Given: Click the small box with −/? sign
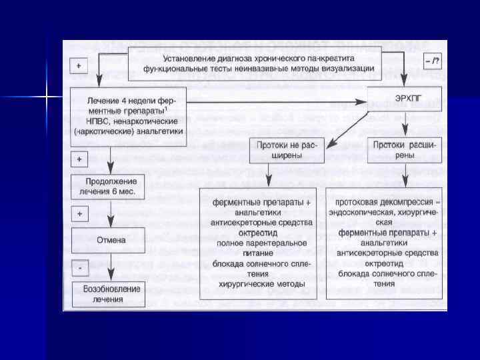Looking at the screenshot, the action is [432, 62].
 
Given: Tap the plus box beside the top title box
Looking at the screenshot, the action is [79, 66].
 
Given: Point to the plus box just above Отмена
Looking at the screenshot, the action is [79, 214].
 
